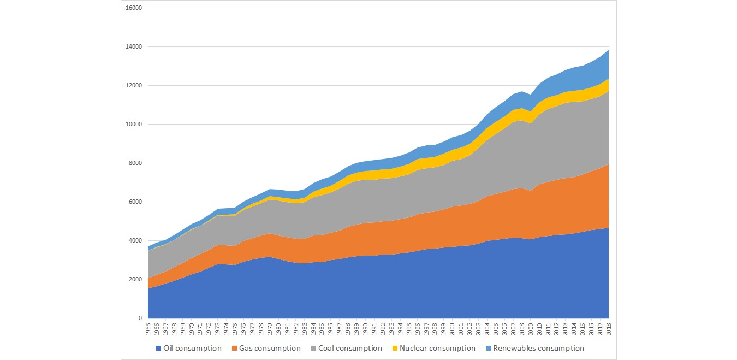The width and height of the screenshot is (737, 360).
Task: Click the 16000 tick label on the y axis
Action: pyautogui.click(x=134, y=8)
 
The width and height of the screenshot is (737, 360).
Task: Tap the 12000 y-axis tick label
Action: pyautogui.click(x=134, y=86)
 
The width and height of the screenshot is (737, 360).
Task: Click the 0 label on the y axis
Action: pyautogui.click(x=140, y=318)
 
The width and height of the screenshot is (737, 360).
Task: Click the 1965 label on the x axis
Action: pyautogui.click(x=148, y=330)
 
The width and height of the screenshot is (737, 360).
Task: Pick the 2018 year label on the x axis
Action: pyautogui.click(x=609, y=330)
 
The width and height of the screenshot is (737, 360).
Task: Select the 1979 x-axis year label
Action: pyautogui.click(x=270, y=330)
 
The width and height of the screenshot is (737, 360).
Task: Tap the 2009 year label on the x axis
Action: pyautogui.click(x=531, y=330)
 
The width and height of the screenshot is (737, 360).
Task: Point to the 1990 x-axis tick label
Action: pyautogui.click(x=365, y=330)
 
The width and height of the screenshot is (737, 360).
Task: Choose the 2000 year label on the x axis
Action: pyautogui.click(x=452, y=330)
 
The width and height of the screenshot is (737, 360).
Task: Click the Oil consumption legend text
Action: pyautogui.click(x=192, y=349)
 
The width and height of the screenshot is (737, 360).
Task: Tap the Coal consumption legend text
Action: pyautogui.click(x=352, y=349)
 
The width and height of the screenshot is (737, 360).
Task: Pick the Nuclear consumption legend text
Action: pyautogui.click(x=437, y=349)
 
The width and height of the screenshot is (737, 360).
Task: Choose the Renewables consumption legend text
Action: pyautogui.click(x=538, y=349)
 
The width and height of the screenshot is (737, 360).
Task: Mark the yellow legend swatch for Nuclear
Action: pyautogui.click(x=395, y=349)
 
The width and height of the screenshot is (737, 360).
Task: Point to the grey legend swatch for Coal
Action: pyautogui.click(x=314, y=349)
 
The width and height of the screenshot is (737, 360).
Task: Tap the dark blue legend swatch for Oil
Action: pyautogui.click(x=159, y=349)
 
